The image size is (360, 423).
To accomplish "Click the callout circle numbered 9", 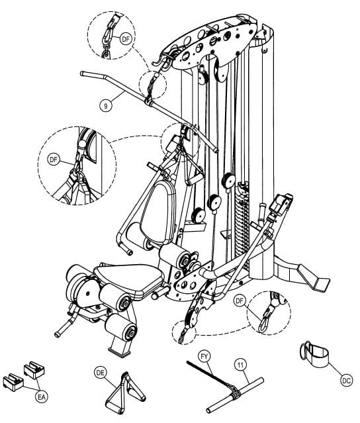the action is [105, 106].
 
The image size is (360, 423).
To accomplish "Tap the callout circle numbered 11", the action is [240, 365].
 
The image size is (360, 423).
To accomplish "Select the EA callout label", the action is [42, 397].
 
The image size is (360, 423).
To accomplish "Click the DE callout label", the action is [101, 373].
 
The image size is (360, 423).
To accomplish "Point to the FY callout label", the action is [204, 357].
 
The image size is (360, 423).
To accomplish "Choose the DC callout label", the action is [346, 381].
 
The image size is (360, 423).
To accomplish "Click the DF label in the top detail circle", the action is [126, 39].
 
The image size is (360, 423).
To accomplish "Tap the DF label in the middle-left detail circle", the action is [54, 160].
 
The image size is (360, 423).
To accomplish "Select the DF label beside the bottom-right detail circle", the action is [240, 301].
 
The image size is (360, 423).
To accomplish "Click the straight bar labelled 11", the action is [235, 395].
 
